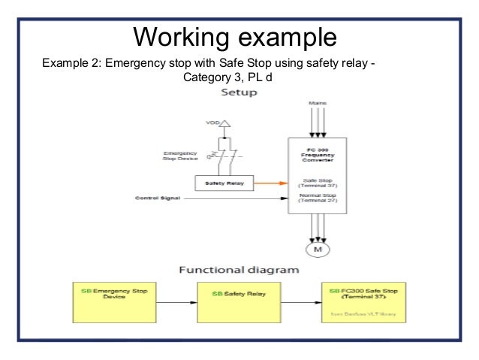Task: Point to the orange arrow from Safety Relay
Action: tap(272, 182)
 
